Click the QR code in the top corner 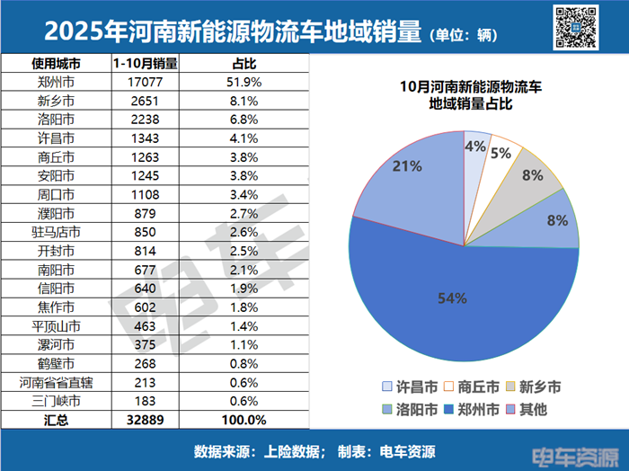coord(575,25)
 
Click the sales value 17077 coord(144,81)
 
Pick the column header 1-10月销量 coord(144,63)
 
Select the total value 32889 coord(144,420)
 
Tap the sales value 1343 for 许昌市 coord(144,138)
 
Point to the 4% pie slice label coord(475,145)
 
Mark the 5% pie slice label coord(501,153)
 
